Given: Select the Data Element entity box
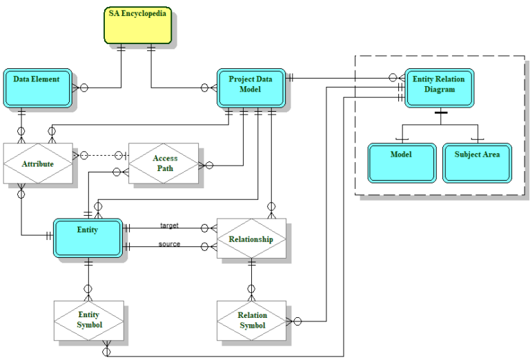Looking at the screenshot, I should (x=37, y=88).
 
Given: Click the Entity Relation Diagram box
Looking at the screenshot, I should (x=439, y=88).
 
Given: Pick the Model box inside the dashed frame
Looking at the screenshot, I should (x=401, y=163).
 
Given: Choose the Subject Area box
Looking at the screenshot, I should (x=477, y=163).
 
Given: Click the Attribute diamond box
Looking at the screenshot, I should (x=38, y=163).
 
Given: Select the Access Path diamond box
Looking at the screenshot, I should (x=164, y=163).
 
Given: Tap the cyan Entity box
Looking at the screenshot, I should (x=88, y=239).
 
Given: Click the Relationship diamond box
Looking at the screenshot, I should (x=251, y=239).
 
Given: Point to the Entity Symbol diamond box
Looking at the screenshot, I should (x=88, y=320).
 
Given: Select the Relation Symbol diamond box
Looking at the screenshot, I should (x=252, y=320).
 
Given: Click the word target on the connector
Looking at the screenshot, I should (x=170, y=226).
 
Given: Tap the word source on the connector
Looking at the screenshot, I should (x=170, y=244).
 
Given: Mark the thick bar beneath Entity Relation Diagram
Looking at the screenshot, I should (x=440, y=112).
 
